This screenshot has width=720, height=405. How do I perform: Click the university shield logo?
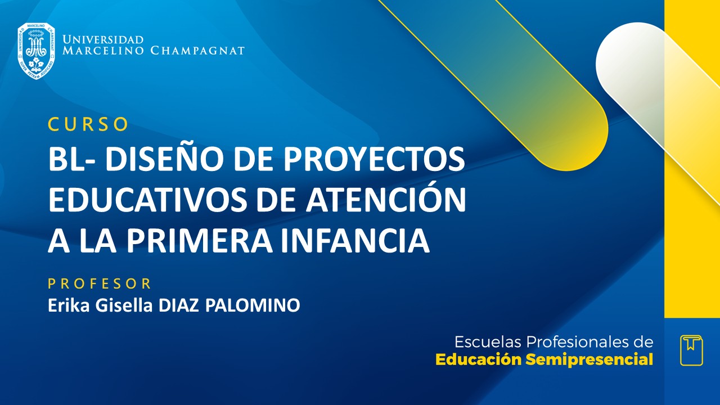36,51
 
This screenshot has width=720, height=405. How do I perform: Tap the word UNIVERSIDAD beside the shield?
103,40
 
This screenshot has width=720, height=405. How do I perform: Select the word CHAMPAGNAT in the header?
197,51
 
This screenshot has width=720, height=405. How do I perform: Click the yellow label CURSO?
88,124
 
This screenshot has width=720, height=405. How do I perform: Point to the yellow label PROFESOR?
100,283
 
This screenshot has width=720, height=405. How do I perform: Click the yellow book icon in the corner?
691,350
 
